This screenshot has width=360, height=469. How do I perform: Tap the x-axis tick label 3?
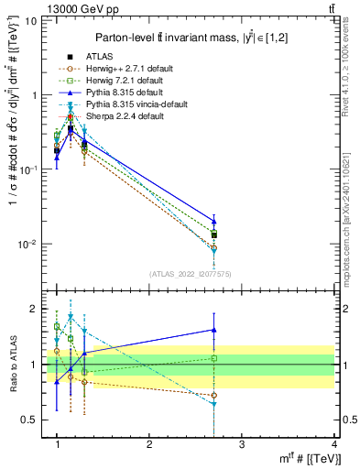[x=241, y=445]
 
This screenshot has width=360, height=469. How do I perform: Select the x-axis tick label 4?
[x=333, y=445]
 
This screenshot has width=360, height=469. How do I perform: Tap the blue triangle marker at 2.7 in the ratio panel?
[x=213, y=330]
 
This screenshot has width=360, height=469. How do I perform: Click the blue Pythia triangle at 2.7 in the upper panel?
[x=213, y=221]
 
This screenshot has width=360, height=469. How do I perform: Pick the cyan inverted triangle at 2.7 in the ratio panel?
[x=213, y=404]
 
